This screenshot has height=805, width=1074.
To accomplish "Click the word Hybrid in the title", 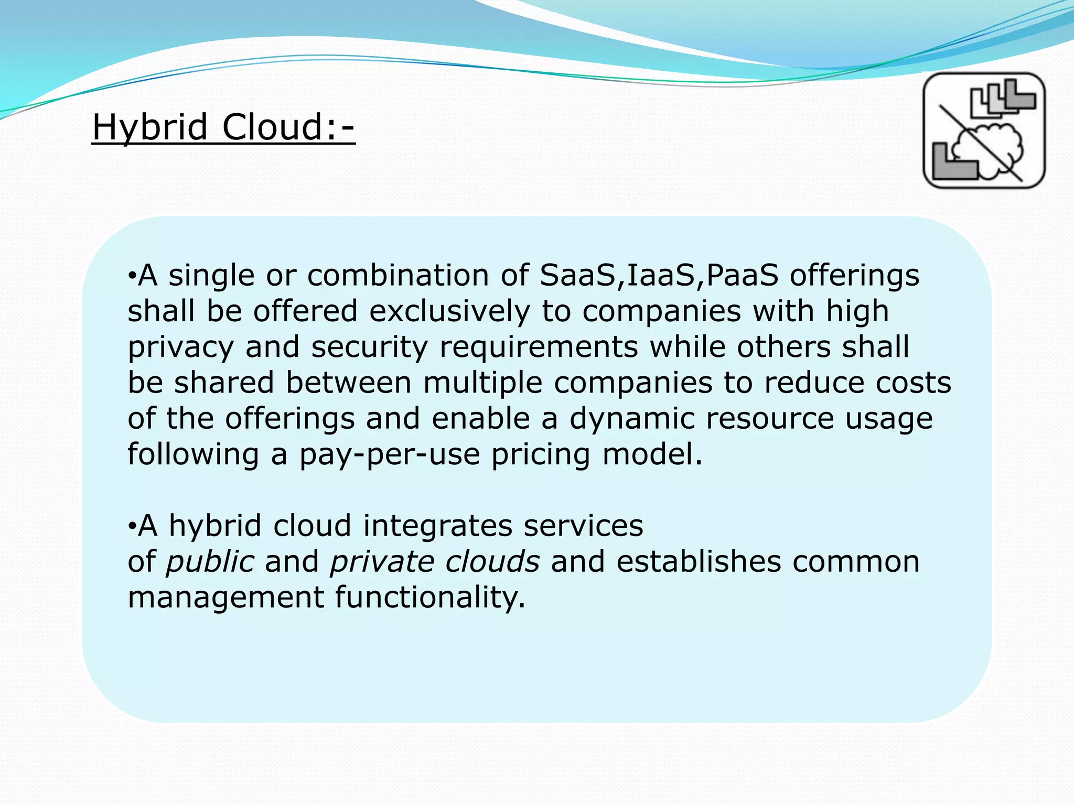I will pos(150,127).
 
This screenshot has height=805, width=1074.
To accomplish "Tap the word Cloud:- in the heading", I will pos(288,127).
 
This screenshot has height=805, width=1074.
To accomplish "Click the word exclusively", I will pos(449,311).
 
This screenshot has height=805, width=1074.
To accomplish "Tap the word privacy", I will pos(180,347).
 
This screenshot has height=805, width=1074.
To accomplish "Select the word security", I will pos(370,347).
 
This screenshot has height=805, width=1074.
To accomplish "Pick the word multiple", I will pos(482,383).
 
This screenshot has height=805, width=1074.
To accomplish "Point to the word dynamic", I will pos(632,419).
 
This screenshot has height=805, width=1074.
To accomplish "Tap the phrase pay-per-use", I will pos(390,454).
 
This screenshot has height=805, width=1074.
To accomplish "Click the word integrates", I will pos(437,526).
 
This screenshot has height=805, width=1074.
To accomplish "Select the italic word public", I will pos(210,562).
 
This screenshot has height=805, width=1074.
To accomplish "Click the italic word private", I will pos(382,562).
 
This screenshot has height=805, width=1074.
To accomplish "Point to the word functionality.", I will pos(430,597).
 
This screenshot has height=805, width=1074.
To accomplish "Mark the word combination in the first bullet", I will pos(398,275).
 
